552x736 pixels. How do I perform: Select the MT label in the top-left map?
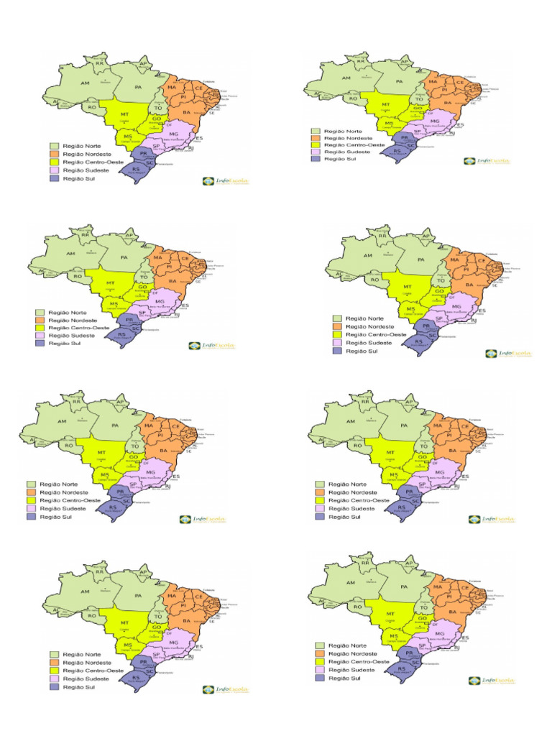pyautogui.click(x=125, y=115)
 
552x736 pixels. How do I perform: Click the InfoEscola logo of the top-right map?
pyautogui.click(x=488, y=161)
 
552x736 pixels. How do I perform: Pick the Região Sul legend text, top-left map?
pyautogui.click(x=80, y=177)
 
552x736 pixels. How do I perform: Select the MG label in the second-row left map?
pyautogui.click(x=160, y=302)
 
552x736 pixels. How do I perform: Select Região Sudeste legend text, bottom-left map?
pyautogui.click(x=80, y=679)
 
